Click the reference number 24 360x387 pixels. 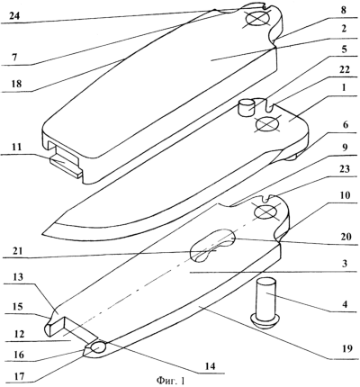pyautogui.click(x=14, y=15)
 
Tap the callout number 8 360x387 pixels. pyautogui.click(x=343, y=10)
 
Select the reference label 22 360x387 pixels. pyautogui.click(x=345, y=69)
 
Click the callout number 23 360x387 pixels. pyautogui.click(x=345, y=168)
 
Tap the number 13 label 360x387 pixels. pyautogui.click(x=18, y=277)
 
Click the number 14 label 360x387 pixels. pyautogui.click(x=210, y=366)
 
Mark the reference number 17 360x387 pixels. pyautogui.click(x=19, y=376)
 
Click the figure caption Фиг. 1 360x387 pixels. pyautogui.click(x=170, y=381)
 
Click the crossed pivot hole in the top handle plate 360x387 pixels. pyautogui.click(x=257, y=20)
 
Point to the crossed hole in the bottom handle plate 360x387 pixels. pyautogui.click(x=265, y=212)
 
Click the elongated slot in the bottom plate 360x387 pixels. pyautogui.click(x=213, y=246)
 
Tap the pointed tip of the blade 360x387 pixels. pyautogui.click(x=43, y=232)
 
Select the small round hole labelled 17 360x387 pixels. pyautogui.click(x=98, y=348)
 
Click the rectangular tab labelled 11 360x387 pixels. pyautogui.click(x=66, y=166)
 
